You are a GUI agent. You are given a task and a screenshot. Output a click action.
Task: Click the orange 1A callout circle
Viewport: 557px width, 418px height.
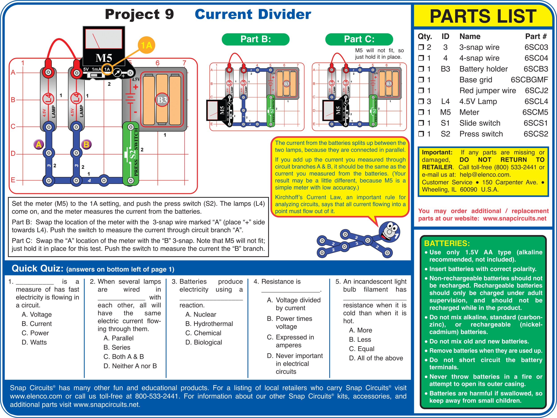(146, 45)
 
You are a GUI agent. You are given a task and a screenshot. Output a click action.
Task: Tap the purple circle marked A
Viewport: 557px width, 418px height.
(39, 144)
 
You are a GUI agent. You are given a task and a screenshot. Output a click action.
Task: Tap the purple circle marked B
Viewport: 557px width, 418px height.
(86, 144)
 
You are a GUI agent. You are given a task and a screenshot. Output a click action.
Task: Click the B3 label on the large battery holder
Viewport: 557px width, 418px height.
(162, 100)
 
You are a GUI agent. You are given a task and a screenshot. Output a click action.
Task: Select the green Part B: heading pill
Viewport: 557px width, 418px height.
(255, 39)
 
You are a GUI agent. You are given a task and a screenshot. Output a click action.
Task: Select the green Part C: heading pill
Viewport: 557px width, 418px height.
(359, 39)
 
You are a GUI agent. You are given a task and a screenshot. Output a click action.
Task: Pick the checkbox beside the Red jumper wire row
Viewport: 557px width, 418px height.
(421, 91)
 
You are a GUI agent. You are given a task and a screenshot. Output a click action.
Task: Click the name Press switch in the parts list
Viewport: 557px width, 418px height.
(481, 134)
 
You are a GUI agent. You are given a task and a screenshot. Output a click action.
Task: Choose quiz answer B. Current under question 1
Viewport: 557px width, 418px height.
(37, 324)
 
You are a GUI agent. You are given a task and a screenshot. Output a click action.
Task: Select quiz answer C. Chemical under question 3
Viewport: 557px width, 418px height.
(203, 333)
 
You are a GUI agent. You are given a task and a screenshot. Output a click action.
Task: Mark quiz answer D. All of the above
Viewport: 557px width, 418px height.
(376, 358)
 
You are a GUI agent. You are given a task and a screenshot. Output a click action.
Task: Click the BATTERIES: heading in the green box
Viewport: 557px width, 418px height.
(447, 243)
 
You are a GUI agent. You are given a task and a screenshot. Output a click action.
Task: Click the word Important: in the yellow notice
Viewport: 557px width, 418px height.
(437, 152)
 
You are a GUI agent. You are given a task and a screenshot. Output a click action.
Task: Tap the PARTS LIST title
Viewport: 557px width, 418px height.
(483, 16)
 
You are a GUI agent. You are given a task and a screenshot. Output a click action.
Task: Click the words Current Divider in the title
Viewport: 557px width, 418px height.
(253, 14)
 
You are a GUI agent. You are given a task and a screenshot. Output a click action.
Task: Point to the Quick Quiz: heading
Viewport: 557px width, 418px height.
(37, 269)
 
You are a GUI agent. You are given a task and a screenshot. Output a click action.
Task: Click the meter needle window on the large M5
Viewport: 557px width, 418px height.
(104, 39)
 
